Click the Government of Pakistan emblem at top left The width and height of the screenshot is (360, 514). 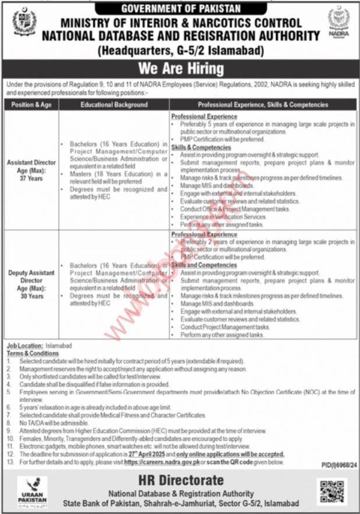coord(24,22)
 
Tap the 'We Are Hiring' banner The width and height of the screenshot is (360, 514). coord(180,69)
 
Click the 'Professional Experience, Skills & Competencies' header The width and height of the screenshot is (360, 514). coord(263,105)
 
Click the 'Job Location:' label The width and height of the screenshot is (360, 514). coord(20,346)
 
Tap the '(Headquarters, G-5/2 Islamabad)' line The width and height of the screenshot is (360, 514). coord(180,51)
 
